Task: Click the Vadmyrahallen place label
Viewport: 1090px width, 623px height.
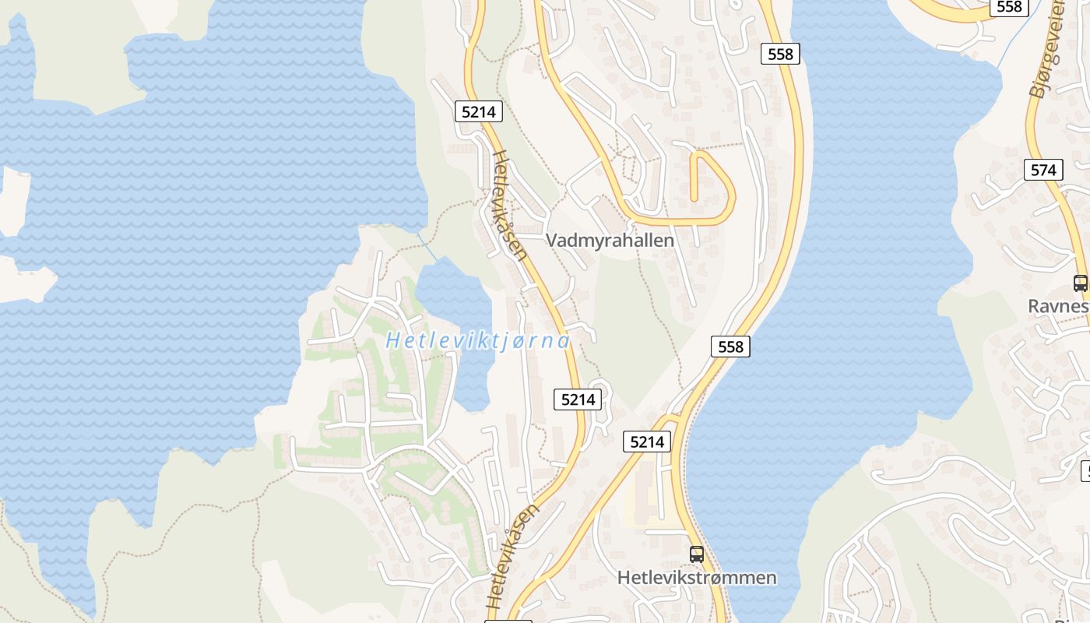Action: tap(610, 241)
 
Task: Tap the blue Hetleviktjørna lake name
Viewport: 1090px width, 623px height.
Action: tap(477, 341)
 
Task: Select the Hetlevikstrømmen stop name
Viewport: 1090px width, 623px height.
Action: tap(697, 578)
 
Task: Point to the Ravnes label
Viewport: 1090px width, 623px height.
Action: tap(1057, 306)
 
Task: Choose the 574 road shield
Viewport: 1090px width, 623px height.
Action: tap(1043, 170)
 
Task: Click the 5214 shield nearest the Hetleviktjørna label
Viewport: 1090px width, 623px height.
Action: tap(578, 399)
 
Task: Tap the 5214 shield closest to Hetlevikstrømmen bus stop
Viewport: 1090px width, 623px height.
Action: tap(646, 442)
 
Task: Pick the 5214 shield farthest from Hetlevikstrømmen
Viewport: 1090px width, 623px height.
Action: tap(478, 111)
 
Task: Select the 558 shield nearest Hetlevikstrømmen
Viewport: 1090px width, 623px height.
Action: tap(730, 347)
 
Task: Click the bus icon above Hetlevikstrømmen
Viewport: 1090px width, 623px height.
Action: tap(697, 554)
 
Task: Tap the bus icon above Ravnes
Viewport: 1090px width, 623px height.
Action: tap(1080, 283)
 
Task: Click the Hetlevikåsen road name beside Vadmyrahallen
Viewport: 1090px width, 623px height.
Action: tap(510, 204)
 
